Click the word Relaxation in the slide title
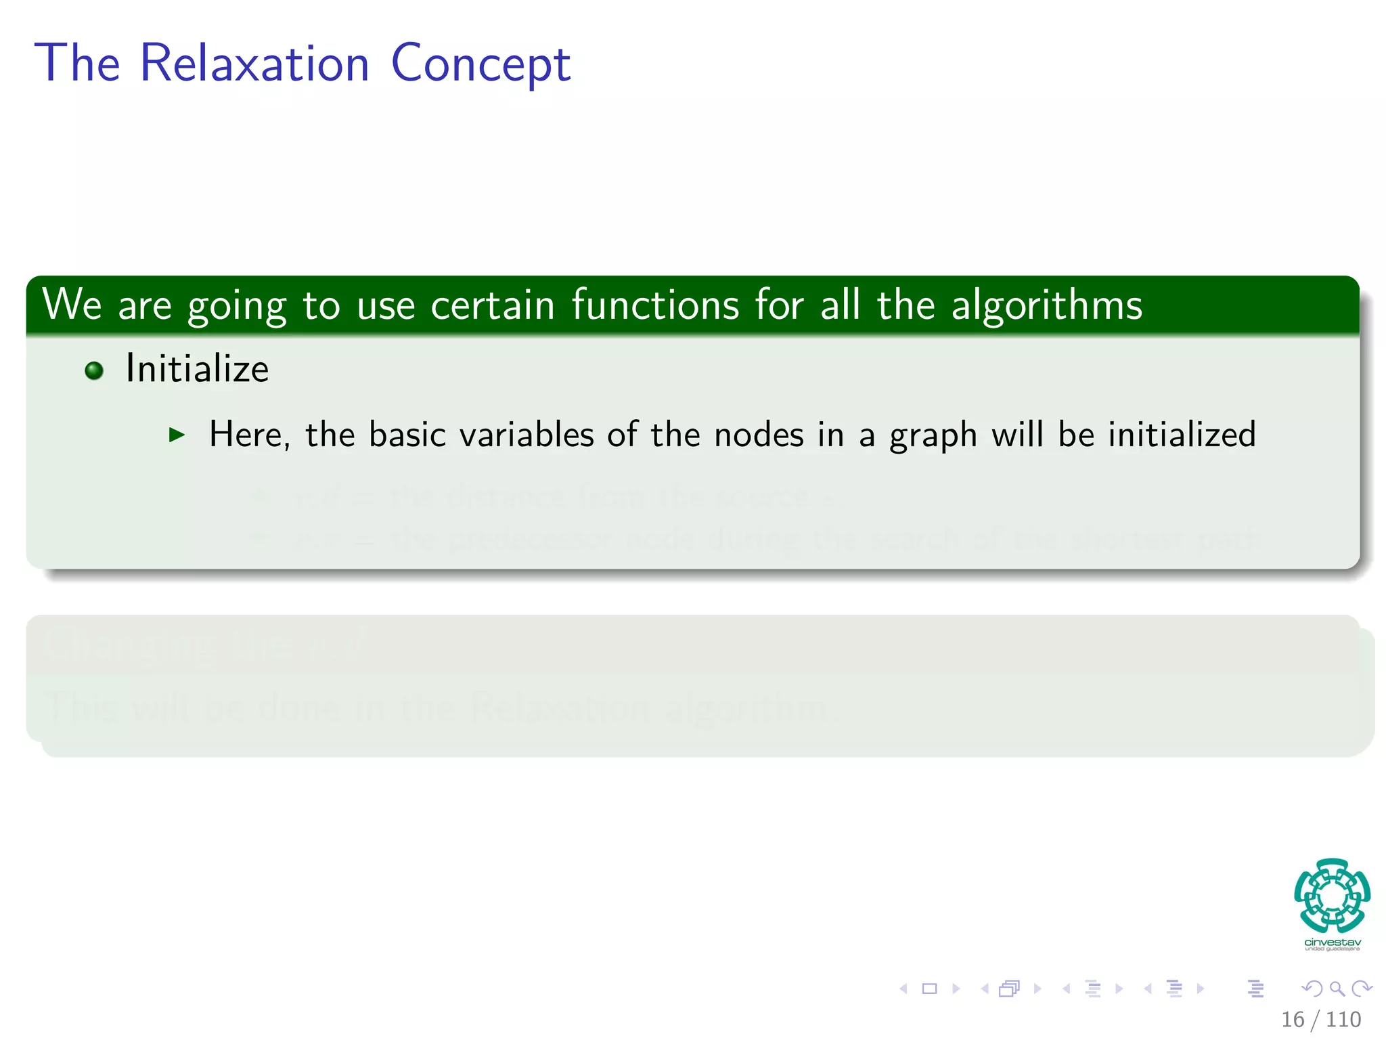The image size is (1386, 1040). [x=254, y=63]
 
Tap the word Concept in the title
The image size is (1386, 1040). [x=480, y=64]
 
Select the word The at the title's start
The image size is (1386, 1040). [x=77, y=63]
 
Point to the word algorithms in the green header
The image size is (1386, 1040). [x=1046, y=306]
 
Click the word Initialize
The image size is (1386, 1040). [x=197, y=369]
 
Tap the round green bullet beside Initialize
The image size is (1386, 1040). [x=94, y=370]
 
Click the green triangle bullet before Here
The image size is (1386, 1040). [x=177, y=435]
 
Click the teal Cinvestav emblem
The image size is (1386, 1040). [x=1332, y=895]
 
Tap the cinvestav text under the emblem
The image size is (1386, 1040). [x=1332, y=942]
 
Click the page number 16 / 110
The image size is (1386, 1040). [x=1320, y=1019]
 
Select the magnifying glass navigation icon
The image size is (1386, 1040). [x=1337, y=989]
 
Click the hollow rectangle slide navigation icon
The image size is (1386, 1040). [x=929, y=989]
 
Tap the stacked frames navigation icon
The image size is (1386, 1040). [x=1008, y=989]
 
